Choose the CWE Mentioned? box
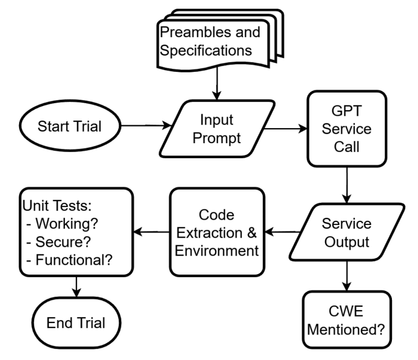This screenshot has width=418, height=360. (347, 319)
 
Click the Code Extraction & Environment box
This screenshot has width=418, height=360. (217, 232)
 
